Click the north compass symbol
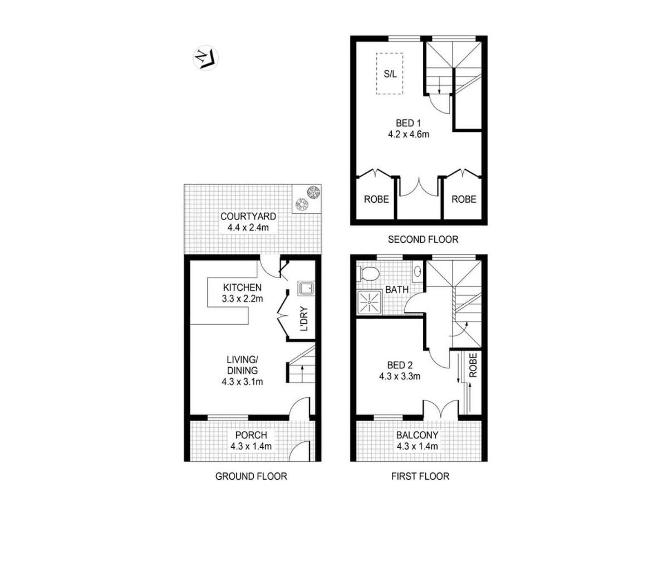click(205, 58)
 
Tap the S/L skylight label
click(390, 74)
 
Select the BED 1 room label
click(409, 123)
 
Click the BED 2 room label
click(400, 365)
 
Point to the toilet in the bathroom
click(367, 274)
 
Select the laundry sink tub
click(306, 288)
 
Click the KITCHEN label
click(242, 287)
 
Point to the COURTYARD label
click(248, 216)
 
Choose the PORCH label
click(251, 435)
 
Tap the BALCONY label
click(417, 435)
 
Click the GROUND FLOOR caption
click(251, 476)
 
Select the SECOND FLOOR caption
click(423, 240)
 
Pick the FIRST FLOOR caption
click(420, 476)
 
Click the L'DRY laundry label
click(304, 319)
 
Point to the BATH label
click(397, 290)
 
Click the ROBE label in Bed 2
click(473, 365)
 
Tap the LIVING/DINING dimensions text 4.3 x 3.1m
click(242, 382)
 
